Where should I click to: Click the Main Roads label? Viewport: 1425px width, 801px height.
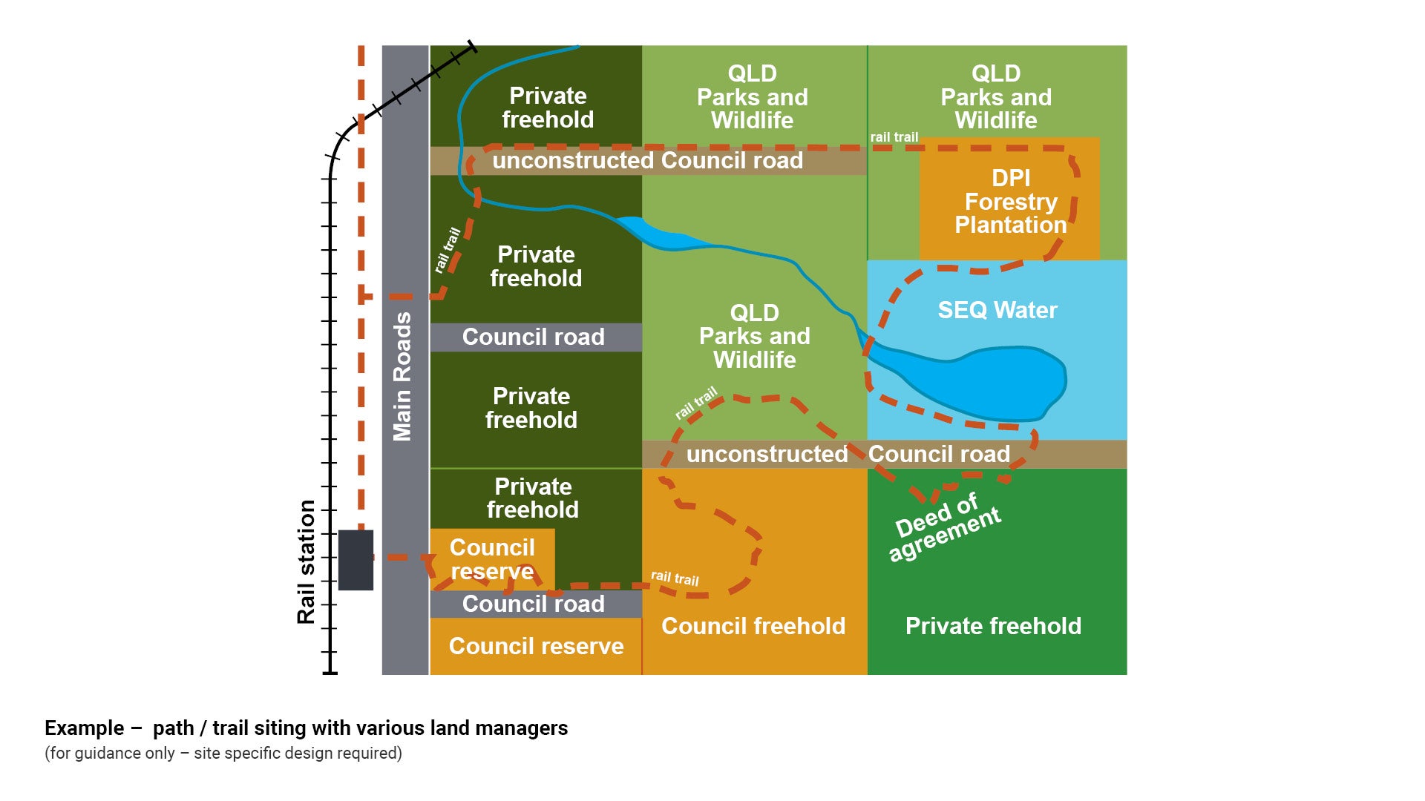click(x=402, y=377)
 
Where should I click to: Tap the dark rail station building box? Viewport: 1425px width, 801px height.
click(x=356, y=560)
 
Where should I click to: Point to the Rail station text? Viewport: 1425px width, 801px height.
click(x=307, y=562)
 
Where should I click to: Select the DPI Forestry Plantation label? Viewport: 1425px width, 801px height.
click(x=1010, y=202)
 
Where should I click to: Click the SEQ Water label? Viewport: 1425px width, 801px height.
click(x=997, y=310)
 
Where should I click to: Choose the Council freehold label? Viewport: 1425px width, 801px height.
click(x=753, y=626)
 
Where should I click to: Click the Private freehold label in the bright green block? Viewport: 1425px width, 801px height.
click(x=993, y=626)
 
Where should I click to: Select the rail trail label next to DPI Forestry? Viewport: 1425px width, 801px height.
click(x=894, y=137)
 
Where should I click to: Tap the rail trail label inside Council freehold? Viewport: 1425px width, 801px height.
click(x=675, y=578)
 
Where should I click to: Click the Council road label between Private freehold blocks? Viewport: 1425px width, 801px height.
click(x=533, y=337)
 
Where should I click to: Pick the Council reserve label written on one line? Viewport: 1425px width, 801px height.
click(x=536, y=646)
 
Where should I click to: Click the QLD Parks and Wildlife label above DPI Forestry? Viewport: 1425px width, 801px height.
click(x=996, y=96)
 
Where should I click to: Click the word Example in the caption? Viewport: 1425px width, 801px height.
click(x=84, y=728)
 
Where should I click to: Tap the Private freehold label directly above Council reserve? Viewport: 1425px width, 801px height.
click(x=533, y=498)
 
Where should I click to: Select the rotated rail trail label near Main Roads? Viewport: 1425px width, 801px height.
click(x=448, y=250)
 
